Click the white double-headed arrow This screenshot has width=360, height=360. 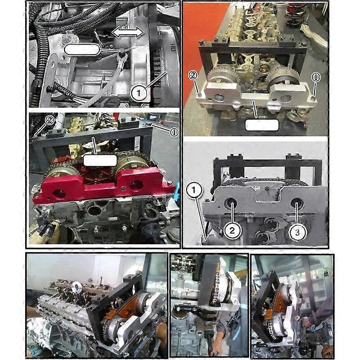(128, 32)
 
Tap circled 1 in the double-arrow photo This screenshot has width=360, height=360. (139, 93)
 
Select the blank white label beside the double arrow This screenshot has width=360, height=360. (81, 49)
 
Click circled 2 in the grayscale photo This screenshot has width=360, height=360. (232, 231)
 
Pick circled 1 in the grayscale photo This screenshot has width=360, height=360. (194, 191)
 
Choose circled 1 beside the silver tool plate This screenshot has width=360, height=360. (315, 77)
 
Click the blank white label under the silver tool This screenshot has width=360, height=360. (261, 125)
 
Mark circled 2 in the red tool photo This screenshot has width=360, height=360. (49, 121)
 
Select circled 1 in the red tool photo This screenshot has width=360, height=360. (173, 132)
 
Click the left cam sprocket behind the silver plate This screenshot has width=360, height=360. (223, 79)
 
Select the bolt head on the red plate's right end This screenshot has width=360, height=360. (169, 183)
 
